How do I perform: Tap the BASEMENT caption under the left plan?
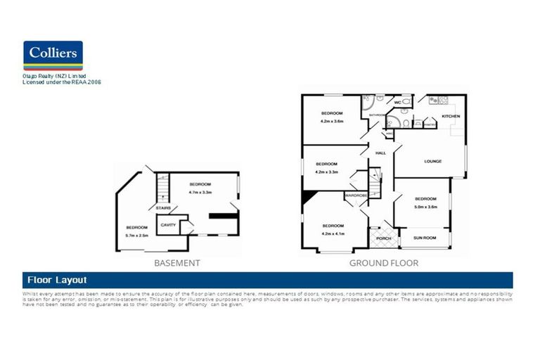click(x=176, y=263)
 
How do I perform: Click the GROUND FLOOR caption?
click(x=383, y=263)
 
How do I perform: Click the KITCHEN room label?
click(x=450, y=116)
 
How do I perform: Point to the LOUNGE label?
click(x=432, y=161)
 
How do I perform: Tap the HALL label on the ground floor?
click(x=380, y=153)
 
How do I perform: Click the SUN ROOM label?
click(x=424, y=238)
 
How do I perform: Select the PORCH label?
click(x=383, y=238)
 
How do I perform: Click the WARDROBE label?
click(x=356, y=195)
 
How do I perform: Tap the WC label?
click(x=397, y=103)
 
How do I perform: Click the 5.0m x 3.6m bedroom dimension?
click(x=426, y=207)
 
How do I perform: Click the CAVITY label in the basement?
click(x=168, y=225)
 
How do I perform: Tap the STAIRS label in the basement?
click(x=164, y=208)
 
